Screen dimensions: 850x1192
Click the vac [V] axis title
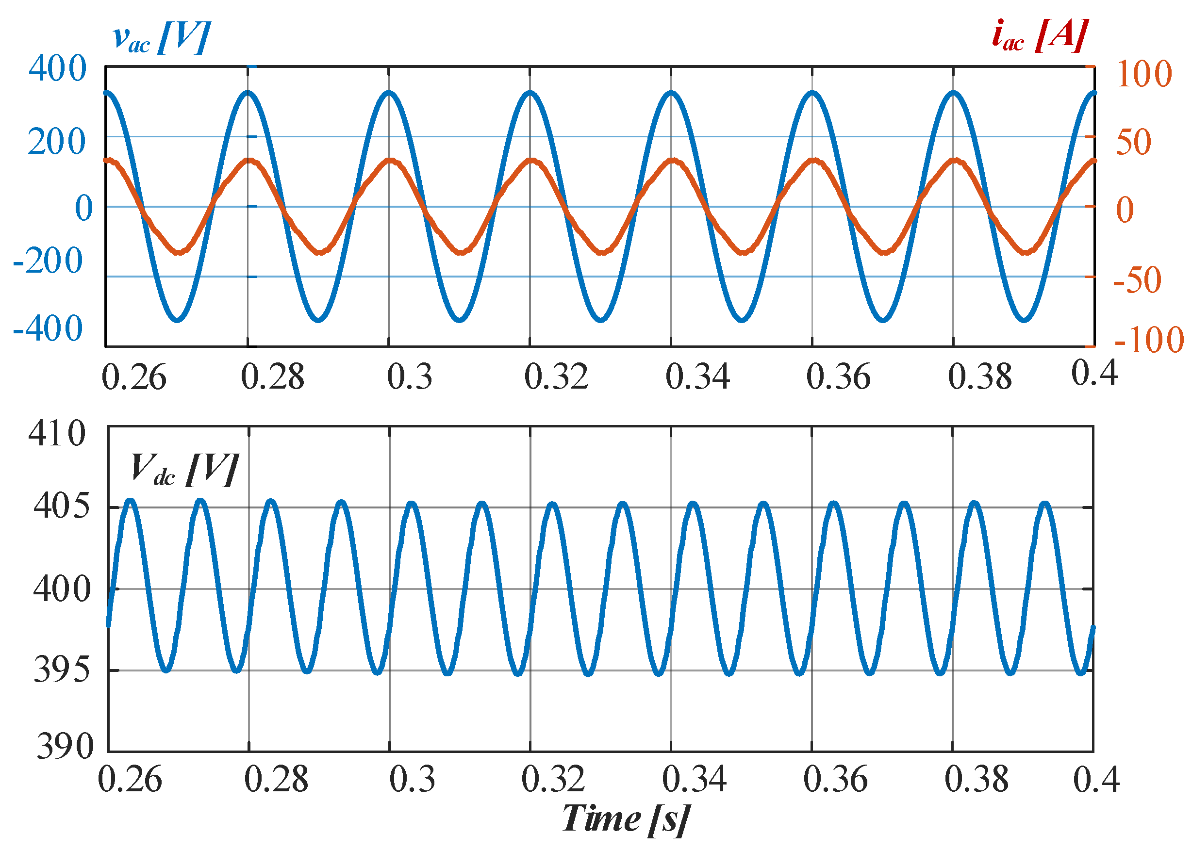click(x=161, y=38)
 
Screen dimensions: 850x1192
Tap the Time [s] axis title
click(x=625, y=817)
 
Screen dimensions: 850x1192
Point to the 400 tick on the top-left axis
click(x=57, y=68)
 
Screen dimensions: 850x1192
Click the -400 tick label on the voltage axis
click(x=48, y=328)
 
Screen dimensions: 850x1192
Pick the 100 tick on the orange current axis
click(x=1144, y=74)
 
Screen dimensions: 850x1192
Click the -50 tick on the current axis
click(x=1138, y=280)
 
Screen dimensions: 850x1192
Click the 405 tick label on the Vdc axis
click(x=62, y=506)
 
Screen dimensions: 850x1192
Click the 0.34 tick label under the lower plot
click(x=694, y=779)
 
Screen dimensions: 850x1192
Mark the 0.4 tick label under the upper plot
click(x=1094, y=373)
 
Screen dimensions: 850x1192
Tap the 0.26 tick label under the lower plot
click(x=130, y=779)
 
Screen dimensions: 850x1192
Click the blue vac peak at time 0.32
click(x=530, y=94)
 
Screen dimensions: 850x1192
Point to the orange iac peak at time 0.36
click(x=812, y=160)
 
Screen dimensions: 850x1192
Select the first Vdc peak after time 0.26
click(x=131, y=501)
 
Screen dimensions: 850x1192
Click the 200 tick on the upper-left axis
click(x=56, y=141)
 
